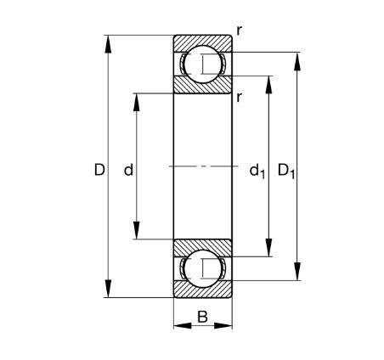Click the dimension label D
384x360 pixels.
pyautogui.click(x=99, y=170)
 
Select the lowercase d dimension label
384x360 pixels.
pyautogui.click(x=128, y=170)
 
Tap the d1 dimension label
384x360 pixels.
pyautogui.click(x=257, y=171)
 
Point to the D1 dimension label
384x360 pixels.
pyautogui.click(x=286, y=171)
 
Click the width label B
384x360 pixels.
pyautogui.click(x=202, y=317)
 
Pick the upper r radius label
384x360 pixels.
pyautogui.click(x=240, y=31)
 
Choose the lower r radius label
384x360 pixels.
pyautogui.click(x=240, y=97)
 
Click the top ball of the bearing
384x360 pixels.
pyautogui.click(x=202, y=65)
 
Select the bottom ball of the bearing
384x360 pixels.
pyautogui.click(x=202, y=268)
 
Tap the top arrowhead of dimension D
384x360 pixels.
pyautogui.click(x=108, y=44)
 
